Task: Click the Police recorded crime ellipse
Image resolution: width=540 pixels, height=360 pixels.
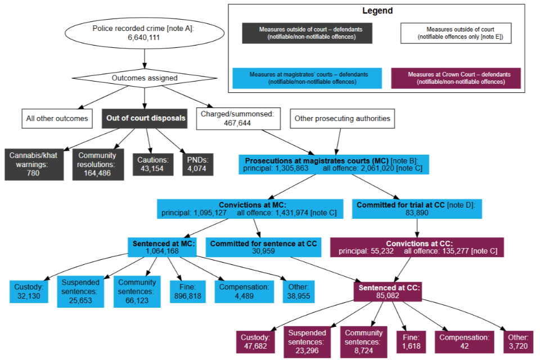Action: point(145,33)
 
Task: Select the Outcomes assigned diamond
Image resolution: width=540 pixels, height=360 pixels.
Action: point(145,78)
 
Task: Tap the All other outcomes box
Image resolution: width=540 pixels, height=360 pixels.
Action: point(57,119)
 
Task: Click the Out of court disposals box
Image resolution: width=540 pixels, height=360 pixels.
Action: point(146,118)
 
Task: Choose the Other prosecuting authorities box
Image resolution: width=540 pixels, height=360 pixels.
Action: point(343,119)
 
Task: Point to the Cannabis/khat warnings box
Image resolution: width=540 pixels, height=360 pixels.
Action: point(34,164)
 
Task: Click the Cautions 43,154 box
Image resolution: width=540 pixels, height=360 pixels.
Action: point(151,164)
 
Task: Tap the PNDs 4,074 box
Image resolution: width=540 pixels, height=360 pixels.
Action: point(197,164)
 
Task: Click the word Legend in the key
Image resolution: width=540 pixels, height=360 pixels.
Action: point(377,11)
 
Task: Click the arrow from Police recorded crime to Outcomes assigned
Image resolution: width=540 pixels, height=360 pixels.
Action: point(145,58)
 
